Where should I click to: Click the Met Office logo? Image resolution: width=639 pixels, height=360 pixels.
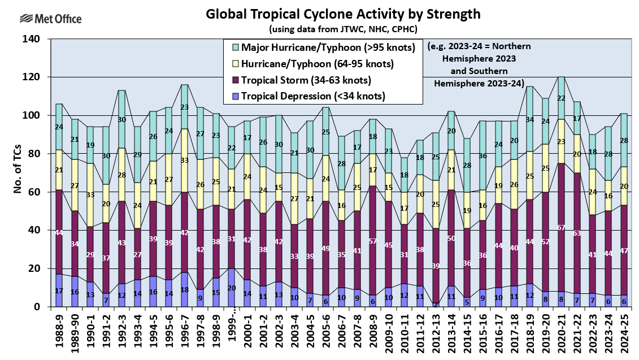click(x=50, y=19)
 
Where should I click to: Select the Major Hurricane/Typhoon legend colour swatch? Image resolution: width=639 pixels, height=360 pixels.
click(x=234, y=47)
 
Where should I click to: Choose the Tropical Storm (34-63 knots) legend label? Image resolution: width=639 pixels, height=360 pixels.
click(x=306, y=80)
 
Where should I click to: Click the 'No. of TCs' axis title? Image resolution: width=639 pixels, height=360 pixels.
click(x=18, y=173)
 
